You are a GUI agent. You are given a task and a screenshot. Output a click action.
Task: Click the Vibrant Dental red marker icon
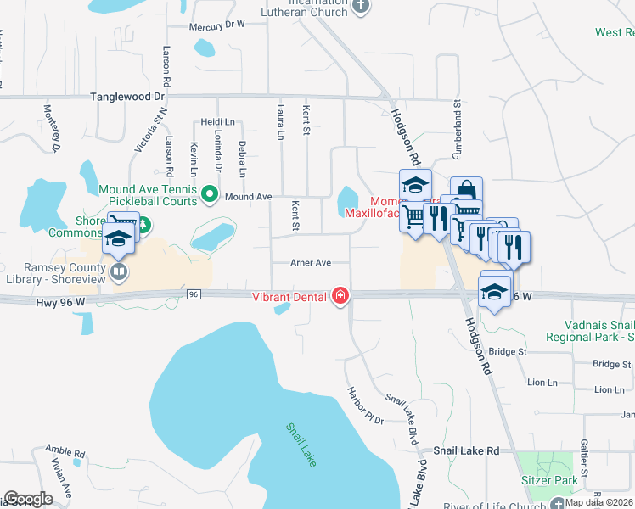point(340,295)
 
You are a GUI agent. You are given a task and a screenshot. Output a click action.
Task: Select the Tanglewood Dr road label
point(128,98)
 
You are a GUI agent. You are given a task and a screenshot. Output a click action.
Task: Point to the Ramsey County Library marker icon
point(120,272)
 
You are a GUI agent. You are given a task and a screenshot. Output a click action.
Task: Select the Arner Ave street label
point(310,263)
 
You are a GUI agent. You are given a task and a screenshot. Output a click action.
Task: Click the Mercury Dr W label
point(216,25)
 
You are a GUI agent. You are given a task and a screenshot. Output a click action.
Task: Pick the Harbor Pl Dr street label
point(365,406)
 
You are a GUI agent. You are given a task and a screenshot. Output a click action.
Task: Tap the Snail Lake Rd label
point(466,452)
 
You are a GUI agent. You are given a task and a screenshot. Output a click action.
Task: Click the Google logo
point(28,499)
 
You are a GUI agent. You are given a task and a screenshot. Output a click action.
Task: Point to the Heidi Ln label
point(216,121)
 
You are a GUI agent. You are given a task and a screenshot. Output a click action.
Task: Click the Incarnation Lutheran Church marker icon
point(361,7)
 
